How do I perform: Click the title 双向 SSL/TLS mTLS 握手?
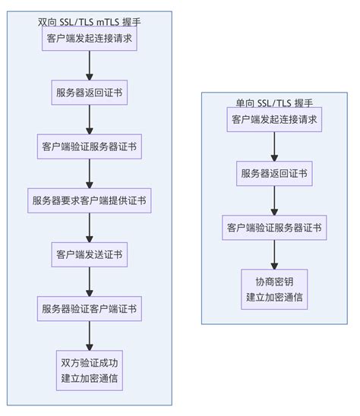coord(89,22)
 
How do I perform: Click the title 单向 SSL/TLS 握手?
coord(274,103)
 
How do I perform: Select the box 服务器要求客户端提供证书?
coord(89,200)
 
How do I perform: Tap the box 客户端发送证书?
coord(89,255)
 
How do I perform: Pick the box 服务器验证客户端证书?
coord(89,309)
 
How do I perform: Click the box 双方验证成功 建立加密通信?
coord(89,370)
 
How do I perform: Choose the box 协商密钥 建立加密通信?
coord(274,289)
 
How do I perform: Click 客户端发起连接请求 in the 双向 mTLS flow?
coord(89,38)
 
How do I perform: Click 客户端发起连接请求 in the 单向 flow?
coord(274,119)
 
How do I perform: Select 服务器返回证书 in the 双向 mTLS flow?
coord(89,93)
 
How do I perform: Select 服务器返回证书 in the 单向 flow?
coord(274,174)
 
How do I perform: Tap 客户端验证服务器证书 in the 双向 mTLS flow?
coord(89,147)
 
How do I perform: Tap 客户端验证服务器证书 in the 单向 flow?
coord(274,228)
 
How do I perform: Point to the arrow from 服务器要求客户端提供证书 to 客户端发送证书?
coord(89,228)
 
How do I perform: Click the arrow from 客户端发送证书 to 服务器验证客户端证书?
coord(89,282)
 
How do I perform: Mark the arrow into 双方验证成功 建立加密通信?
coord(89,336)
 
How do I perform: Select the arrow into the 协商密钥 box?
coord(274,255)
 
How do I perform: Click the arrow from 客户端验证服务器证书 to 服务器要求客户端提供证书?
coord(89,174)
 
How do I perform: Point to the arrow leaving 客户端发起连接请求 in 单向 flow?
coord(274,147)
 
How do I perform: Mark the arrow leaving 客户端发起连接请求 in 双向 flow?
coord(89,65)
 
